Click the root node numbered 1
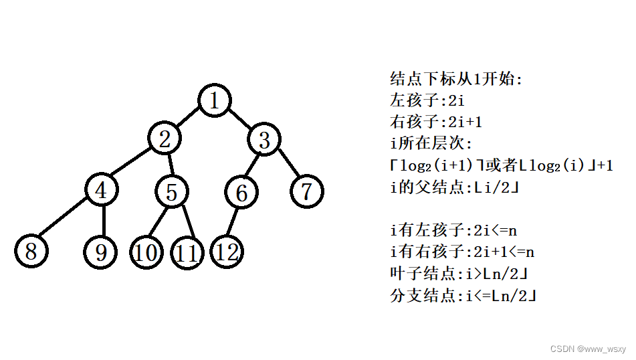[215, 100]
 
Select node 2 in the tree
[166, 140]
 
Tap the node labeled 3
[264, 141]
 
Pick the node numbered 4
[102, 190]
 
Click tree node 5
[172, 193]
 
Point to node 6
[241, 193]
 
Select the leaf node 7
[307, 192]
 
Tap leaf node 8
[31, 252]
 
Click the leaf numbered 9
[101, 252]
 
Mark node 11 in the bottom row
[188, 253]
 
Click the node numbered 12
[227, 252]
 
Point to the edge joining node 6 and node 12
[235, 222]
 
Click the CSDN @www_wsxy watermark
[588, 349]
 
